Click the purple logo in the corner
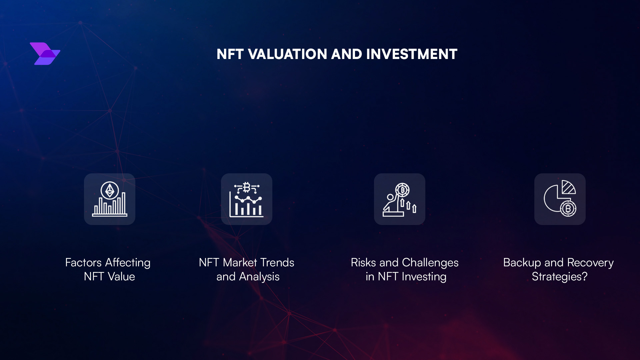point(45,54)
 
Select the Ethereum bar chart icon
point(110,199)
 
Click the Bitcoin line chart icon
point(246,199)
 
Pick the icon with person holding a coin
point(399,199)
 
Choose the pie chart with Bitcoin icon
point(560,199)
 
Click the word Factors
point(83,263)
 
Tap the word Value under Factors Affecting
point(121,277)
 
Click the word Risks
point(363,263)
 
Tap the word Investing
point(424,277)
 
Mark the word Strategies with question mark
point(559,277)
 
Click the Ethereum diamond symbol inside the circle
point(110,191)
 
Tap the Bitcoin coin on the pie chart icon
point(568,209)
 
